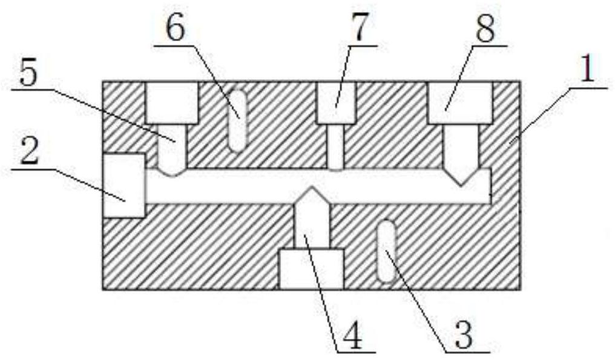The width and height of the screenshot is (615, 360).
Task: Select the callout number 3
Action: pos(464,336)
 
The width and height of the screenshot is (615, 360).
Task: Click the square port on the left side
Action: pos(124,185)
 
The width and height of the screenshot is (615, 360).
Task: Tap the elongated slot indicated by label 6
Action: pos(238,121)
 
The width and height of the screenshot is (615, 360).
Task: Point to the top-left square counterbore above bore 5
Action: pos(172,103)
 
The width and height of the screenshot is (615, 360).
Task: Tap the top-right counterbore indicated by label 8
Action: pos(460,102)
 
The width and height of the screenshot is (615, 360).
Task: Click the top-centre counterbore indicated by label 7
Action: pos(337,103)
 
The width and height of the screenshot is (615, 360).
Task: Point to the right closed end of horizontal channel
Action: pos(489,186)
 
